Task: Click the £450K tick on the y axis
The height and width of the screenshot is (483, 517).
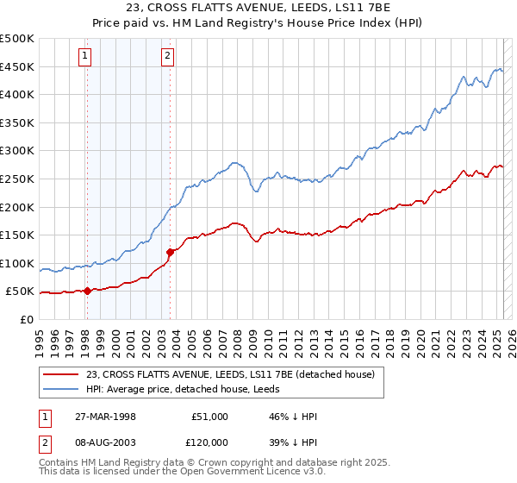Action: [17, 66]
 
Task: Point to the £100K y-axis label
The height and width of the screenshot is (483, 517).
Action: [17, 263]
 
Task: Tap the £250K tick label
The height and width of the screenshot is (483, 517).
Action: [17, 179]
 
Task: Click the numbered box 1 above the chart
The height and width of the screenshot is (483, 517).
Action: [86, 58]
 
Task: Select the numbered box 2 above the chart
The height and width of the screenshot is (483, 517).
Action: [167, 58]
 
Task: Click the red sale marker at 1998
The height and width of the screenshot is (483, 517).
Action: [88, 291]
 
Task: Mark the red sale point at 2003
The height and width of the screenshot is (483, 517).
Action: [170, 252]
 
